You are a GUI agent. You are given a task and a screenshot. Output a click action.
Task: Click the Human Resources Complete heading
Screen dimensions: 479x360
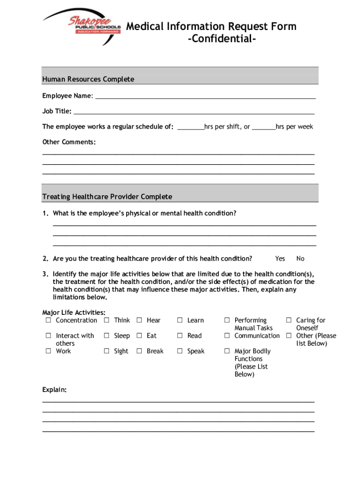[x=88, y=79]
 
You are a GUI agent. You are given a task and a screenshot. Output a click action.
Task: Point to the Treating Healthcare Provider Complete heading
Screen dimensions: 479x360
[x=107, y=196]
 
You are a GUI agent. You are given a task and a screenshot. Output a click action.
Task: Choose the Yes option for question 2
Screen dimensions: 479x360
[x=280, y=259]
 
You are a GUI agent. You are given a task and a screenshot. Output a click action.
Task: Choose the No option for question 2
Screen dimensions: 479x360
[x=300, y=259]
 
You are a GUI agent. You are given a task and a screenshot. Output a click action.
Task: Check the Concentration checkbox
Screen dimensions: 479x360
[x=48, y=320]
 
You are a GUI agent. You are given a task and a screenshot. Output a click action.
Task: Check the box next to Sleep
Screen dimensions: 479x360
[x=107, y=336]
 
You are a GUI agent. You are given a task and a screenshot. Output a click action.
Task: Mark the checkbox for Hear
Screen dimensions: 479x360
[x=139, y=320]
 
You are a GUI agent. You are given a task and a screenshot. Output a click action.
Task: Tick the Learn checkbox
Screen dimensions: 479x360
[x=180, y=320]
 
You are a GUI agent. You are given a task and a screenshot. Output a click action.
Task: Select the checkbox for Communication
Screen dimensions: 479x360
[x=227, y=336]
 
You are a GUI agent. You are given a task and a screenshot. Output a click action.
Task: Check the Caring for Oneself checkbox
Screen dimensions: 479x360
[x=289, y=320]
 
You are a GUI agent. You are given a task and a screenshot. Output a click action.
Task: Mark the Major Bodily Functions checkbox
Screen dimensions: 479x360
[x=227, y=351]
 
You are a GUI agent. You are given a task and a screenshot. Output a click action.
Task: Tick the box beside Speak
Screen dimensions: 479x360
[x=180, y=351]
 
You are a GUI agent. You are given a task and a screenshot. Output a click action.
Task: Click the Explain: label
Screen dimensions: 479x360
[x=55, y=389]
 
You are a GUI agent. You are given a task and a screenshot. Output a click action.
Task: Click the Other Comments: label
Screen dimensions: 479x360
[x=69, y=142]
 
